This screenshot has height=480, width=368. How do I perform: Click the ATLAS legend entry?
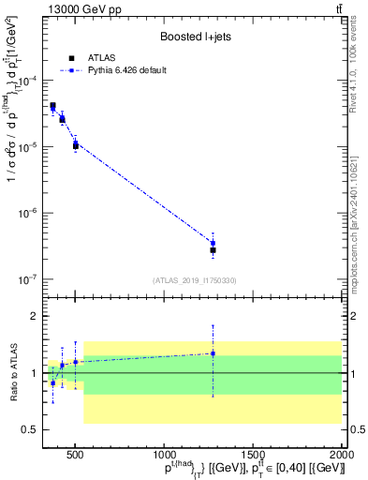(94, 57)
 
